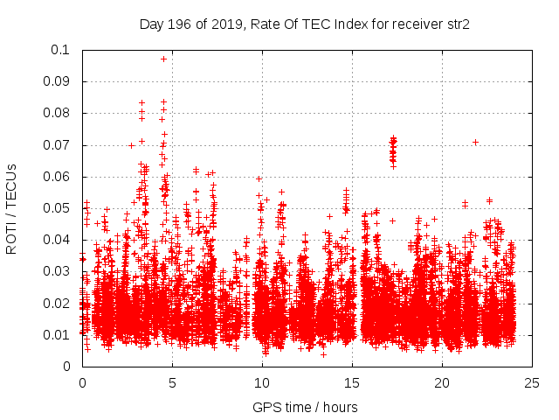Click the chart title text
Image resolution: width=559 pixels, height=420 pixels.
305,24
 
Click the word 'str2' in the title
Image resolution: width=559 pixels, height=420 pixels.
459,24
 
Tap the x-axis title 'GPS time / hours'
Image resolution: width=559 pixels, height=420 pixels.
305,407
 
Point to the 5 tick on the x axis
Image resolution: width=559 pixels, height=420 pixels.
172,382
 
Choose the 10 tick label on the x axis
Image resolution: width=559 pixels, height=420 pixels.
262,382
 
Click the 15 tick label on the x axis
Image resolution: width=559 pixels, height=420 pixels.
353,382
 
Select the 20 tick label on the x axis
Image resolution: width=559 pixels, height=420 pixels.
443,382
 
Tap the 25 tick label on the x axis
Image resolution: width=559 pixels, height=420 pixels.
533,382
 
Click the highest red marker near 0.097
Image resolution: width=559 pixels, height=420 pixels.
163,59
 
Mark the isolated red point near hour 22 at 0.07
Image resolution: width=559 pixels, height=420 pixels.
475,142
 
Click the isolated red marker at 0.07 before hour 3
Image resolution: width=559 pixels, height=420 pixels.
131,145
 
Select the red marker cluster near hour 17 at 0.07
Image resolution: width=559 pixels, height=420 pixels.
393,150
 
